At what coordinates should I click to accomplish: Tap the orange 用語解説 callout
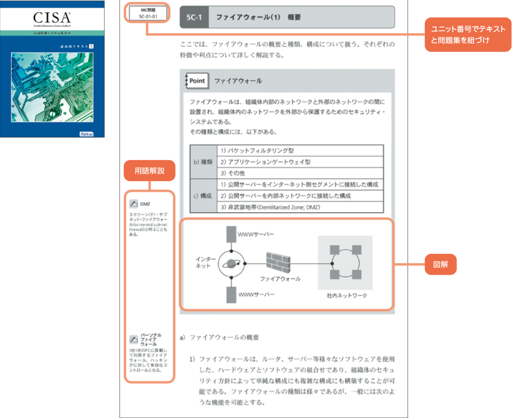coord(150,171)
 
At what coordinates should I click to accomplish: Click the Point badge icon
coord(197,81)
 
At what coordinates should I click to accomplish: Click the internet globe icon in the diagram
coord(231,263)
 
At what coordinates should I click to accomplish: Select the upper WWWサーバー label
coord(256,234)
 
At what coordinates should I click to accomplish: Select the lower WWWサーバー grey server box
coord(231,295)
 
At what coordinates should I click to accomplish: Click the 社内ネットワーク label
coord(347,296)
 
